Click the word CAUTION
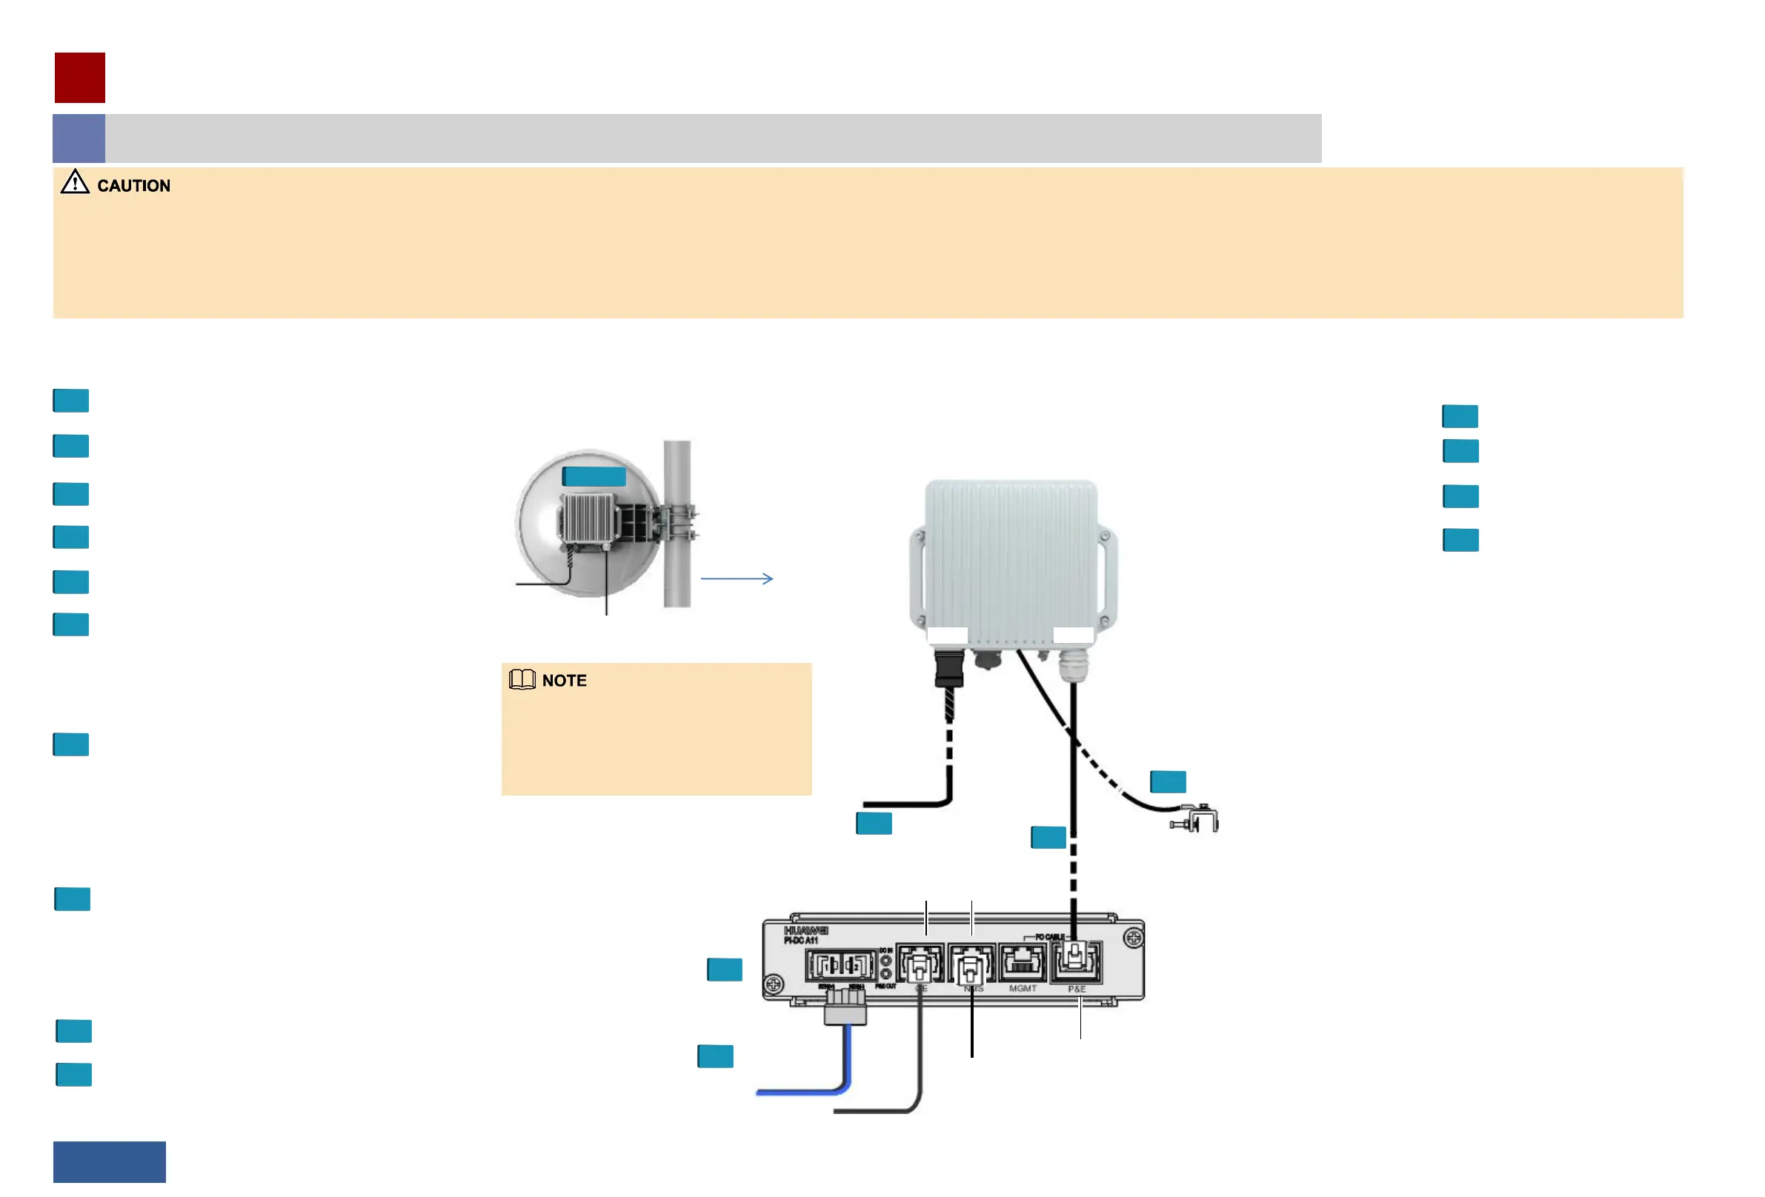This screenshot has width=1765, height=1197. click(x=133, y=186)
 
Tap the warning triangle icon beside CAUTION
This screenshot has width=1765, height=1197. click(x=74, y=183)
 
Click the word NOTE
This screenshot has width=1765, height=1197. click(x=565, y=681)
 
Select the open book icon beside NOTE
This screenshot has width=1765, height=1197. click(x=522, y=680)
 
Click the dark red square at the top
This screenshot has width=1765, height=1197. click(x=80, y=78)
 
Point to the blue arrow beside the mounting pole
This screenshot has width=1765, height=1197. click(x=736, y=579)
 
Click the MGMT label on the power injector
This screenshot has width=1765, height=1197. click(x=1023, y=989)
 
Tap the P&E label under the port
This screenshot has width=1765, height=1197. click(x=1077, y=990)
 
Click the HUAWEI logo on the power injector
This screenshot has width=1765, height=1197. click(x=805, y=930)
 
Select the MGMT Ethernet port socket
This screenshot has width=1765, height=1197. click(x=1023, y=962)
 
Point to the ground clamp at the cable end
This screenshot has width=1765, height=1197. click(x=1197, y=821)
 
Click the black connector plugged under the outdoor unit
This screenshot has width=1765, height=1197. click(x=948, y=668)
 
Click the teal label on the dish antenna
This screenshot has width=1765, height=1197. click(x=594, y=477)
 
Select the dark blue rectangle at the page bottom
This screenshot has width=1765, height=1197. click(x=110, y=1162)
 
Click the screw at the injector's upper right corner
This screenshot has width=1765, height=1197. click(x=1133, y=938)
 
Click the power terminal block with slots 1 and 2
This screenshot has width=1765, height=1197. click(x=842, y=965)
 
